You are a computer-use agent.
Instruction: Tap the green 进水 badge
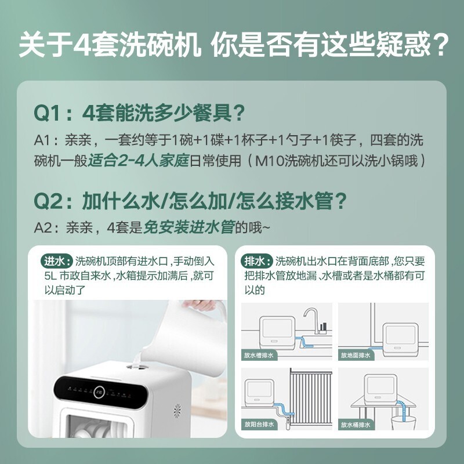point(56,261)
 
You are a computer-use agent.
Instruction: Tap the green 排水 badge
point(256,261)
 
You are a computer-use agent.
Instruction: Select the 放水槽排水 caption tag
point(259,355)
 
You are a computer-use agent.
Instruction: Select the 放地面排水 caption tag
point(356,355)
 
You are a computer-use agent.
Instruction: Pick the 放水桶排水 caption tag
point(356,425)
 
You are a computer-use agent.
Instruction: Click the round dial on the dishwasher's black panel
point(99,393)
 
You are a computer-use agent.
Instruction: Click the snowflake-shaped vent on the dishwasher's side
point(177,412)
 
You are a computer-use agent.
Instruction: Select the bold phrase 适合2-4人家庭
point(139,161)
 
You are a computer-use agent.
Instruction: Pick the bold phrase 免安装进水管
point(189,227)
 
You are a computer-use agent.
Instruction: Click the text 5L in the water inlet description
point(50,276)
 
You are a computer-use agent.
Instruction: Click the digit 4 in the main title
point(82,45)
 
